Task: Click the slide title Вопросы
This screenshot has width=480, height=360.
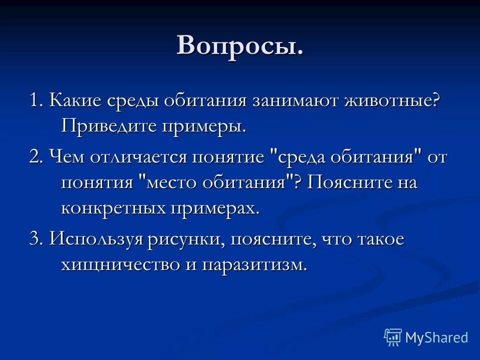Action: point(240,45)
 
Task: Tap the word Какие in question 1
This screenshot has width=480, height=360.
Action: point(76,100)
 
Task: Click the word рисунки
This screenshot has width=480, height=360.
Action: point(186,239)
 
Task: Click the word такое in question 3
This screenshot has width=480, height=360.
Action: point(379,239)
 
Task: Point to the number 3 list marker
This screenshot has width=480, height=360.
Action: point(34,239)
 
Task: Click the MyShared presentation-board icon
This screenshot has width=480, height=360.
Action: point(393,337)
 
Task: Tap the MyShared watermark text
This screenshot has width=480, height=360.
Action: point(436,337)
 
